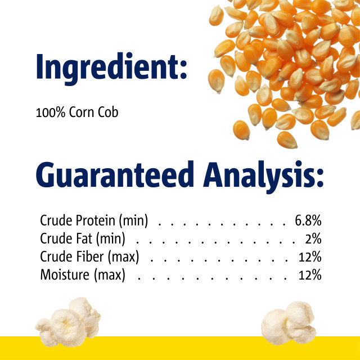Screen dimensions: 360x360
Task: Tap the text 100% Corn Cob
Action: (77, 112)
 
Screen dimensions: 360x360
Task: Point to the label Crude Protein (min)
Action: (94, 220)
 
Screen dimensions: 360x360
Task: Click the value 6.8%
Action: (308, 220)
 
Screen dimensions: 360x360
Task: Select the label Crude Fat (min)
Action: (83, 239)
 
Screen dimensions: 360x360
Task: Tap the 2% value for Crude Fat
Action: (313, 239)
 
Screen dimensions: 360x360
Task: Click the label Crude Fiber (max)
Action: (89, 257)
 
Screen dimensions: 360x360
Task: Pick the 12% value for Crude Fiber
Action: (310, 257)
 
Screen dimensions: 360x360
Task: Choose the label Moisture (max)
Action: (83, 276)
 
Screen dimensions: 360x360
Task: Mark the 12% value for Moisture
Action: (310, 276)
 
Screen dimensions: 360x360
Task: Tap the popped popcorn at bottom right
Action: (289, 321)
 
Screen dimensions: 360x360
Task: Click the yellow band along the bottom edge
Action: (180, 348)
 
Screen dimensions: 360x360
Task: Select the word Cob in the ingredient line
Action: (109, 112)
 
